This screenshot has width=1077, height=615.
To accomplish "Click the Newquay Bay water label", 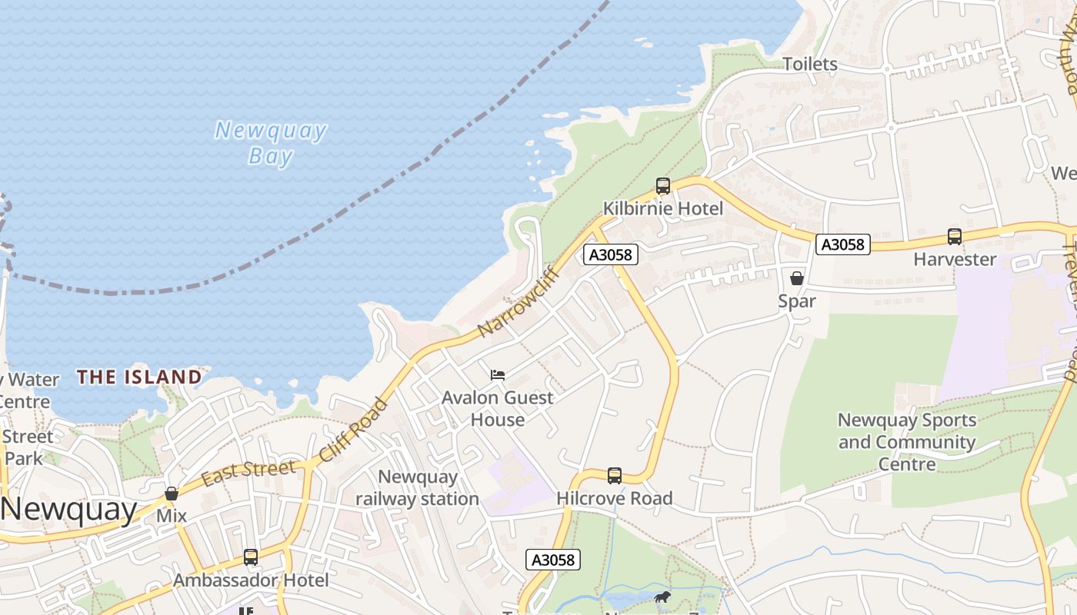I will (x=271, y=143).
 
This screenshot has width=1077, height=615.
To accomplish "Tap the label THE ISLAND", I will (x=139, y=377).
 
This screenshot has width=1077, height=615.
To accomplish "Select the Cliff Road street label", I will (x=353, y=430).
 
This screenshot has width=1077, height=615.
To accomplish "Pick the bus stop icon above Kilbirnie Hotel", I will (x=662, y=185).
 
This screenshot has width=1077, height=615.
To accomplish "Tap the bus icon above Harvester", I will (x=954, y=237).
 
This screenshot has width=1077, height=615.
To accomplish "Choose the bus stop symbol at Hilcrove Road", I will (x=614, y=476).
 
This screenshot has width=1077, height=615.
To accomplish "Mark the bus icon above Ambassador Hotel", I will (x=250, y=557).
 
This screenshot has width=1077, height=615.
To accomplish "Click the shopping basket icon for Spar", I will (x=796, y=278).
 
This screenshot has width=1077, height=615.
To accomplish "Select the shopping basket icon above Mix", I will (x=172, y=494).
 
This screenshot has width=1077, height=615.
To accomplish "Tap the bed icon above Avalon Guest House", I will (x=498, y=375).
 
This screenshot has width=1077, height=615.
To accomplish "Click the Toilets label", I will (x=809, y=64).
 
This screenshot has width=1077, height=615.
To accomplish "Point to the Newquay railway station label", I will (x=417, y=488).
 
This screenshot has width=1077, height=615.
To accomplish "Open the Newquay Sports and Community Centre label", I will (x=907, y=442).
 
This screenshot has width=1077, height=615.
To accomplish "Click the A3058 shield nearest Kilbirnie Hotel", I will (x=610, y=254).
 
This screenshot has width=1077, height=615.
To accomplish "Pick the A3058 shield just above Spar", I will (x=842, y=244).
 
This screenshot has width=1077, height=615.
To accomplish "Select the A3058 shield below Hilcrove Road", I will (x=553, y=560).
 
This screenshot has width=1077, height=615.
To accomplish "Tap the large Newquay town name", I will (x=68, y=510).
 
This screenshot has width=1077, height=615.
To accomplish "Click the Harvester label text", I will (x=954, y=259).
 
